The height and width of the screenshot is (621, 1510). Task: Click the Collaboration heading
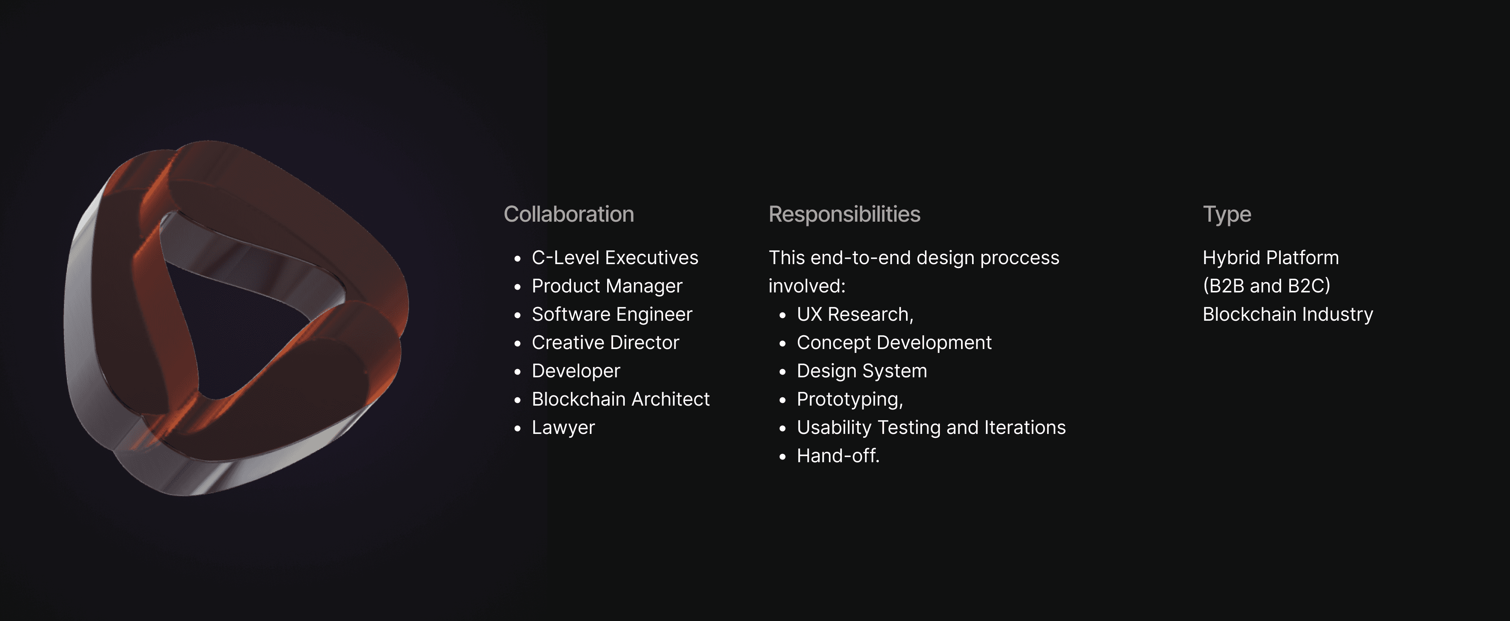(569, 215)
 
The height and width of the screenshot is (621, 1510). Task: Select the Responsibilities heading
(844, 215)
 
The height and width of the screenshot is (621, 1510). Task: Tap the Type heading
(1227, 215)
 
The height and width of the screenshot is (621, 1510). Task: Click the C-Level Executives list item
(615, 258)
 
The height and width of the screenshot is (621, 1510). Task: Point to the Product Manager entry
(607, 286)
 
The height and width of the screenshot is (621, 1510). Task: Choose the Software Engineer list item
(612, 314)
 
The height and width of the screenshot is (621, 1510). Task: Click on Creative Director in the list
(605, 343)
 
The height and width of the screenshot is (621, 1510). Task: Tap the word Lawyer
(563, 428)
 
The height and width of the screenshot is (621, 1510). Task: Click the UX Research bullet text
(854, 314)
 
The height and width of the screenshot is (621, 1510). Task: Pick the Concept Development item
(894, 343)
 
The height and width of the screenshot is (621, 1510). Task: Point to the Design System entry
(862, 371)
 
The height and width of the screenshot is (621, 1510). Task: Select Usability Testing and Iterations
(931, 428)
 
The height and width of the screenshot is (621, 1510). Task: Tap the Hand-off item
(838, 456)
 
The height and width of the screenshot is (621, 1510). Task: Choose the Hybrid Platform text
(1270, 258)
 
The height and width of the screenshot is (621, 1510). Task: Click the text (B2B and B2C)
(1266, 286)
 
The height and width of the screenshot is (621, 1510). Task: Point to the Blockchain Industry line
(1287, 314)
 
